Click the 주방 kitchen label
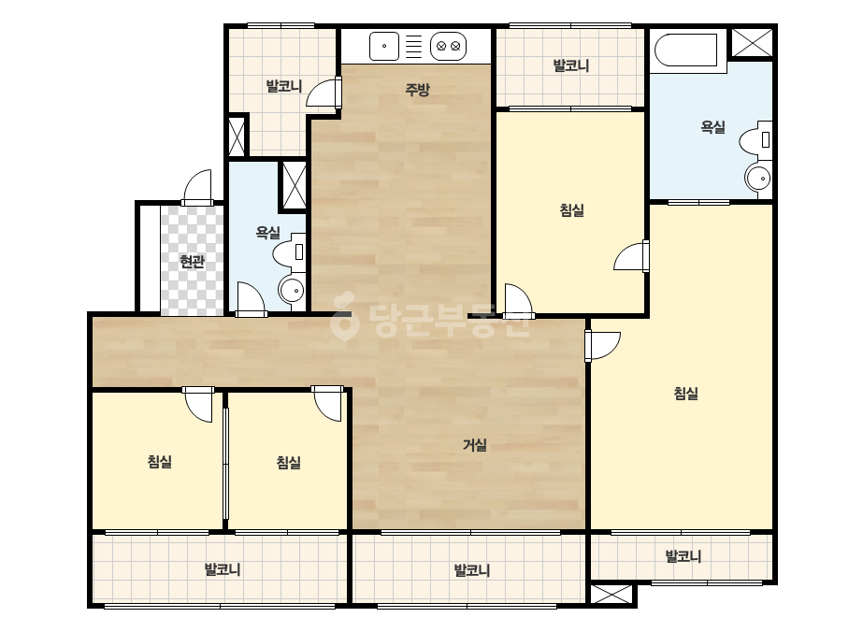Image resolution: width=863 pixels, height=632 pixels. [417, 89]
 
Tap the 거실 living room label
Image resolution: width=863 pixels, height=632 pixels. [474, 445]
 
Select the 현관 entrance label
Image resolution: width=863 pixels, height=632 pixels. [192, 262]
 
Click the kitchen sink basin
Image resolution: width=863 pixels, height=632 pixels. [384, 46]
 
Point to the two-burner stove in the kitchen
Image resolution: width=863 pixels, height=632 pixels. [448, 46]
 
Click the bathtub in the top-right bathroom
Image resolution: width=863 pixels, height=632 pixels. [686, 50]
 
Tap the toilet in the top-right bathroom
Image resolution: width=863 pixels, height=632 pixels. [755, 141]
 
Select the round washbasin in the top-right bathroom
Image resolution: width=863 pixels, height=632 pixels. [758, 178]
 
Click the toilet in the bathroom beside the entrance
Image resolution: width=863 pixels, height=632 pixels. [289, 252]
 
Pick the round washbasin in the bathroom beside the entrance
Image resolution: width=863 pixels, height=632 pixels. [292, 290]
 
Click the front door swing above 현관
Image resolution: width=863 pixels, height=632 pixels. [197, 188]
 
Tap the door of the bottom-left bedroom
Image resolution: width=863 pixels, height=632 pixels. [198, 405]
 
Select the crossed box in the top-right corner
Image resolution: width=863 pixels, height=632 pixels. [753, 42]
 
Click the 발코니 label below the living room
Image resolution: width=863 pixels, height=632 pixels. [471, 570]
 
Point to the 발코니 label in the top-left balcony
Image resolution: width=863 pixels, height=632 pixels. [284, 86]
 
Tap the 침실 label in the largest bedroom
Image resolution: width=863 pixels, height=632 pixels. [685, 394]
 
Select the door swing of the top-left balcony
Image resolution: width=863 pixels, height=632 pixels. [324, 92]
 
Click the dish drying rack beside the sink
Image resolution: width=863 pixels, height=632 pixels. [413, 46]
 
